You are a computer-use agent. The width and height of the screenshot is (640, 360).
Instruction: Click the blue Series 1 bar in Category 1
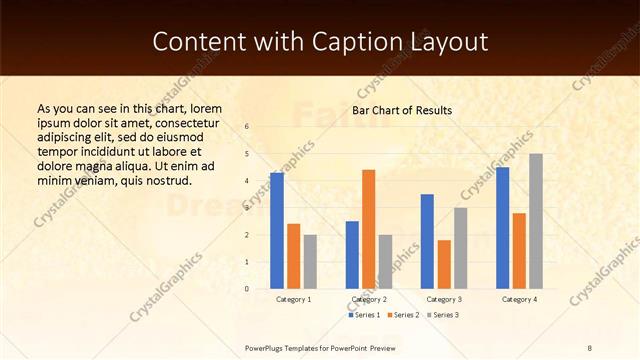pyautogui.click(x=277, y=230)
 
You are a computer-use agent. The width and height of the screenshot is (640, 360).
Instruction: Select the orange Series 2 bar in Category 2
pyautogui.click(x=368, y=229)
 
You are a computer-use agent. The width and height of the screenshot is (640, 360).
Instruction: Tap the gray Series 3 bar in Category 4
pyautogui.click(x=536, y=221)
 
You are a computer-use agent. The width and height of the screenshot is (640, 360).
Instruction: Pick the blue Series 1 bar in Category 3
pyautogui.click(x=427, y=241)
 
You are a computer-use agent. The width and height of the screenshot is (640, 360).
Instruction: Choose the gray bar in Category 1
pyautogui.click(x=310, y=261)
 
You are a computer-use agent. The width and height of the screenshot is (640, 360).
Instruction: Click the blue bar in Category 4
pyautogui.click(x=502, y=227)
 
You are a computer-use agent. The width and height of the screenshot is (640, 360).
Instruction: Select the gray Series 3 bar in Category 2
pyautogui.click(x=385, y=261)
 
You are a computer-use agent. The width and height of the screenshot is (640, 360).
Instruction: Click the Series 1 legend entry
pyautogui.click(x=364, y=315)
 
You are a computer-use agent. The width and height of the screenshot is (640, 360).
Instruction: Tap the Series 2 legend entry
pyautogui.click(x=402, y=315)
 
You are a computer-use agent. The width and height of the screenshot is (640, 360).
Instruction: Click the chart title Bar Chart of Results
pyautogui.click(x=402, y=110)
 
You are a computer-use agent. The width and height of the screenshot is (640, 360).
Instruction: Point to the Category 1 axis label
pyautogui.click(x=293, y=299)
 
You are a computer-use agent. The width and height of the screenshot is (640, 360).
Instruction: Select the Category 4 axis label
pyautogui.click(x=519, y=299)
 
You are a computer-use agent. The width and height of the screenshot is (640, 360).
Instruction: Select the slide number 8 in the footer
pyautogui.click(x=590, y=347)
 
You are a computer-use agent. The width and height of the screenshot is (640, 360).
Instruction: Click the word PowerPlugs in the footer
pyautogui.click(x=267, y=347)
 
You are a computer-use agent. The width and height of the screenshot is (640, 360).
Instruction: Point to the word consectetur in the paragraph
pyautogui.click(x=193, y=122)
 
